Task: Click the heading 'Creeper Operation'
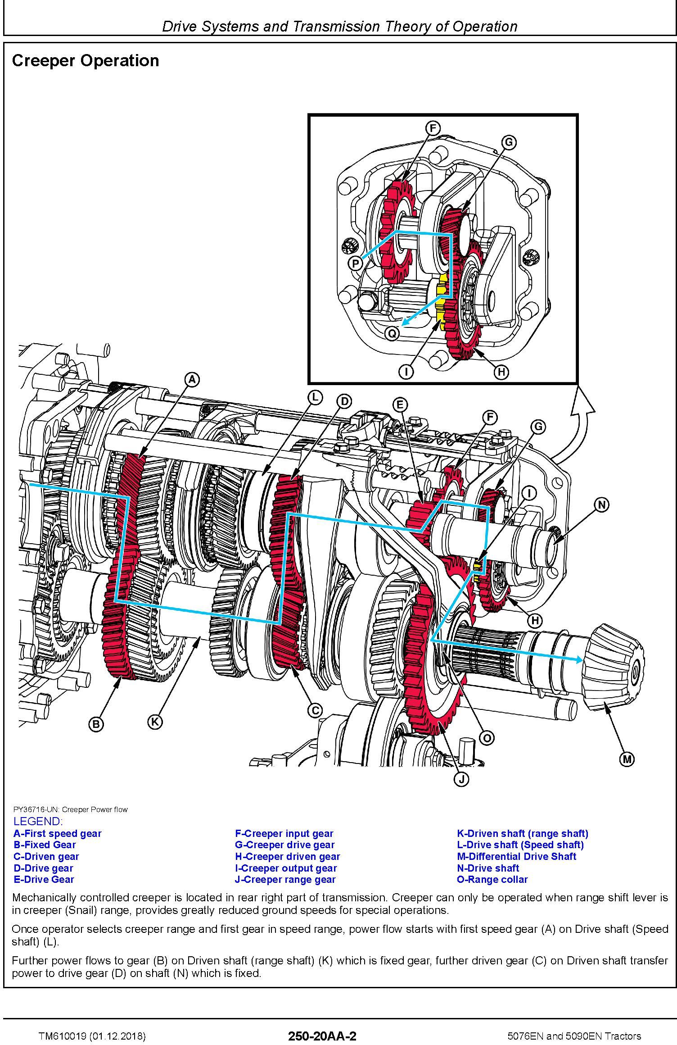point(86,61)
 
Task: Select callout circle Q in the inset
point(393,334)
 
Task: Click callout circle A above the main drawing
point(192,380)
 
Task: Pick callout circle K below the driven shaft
point(154,722)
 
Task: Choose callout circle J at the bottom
point(461,779)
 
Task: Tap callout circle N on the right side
point(602,505)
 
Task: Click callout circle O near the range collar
point(487,737)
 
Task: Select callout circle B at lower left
point(95,724)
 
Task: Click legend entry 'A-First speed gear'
point(58,833)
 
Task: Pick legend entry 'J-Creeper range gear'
point(285,879)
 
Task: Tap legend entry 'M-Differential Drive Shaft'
point(516,856)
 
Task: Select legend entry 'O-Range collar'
point(492,879)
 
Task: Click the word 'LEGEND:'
point(38,821)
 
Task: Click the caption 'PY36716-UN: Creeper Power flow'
point(70,809)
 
